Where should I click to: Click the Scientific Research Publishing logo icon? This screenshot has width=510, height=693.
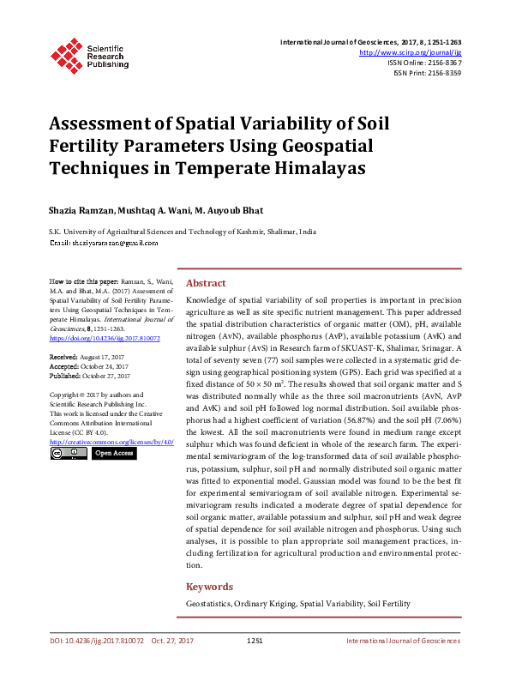pyautogui.click(x=66, y=54)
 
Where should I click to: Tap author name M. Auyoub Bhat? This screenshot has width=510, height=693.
pyautogui.click(x=229, y=211)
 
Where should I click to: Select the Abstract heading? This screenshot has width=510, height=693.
pyautogui.click(x=206, y=284)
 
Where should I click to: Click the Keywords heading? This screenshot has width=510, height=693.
pyautogui.click(x=209, y=587)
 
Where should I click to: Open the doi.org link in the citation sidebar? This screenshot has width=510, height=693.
pyautogui.click(x=105, y=339)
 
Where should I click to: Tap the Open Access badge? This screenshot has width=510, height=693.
pyautogui.click(x=114, y=453)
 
